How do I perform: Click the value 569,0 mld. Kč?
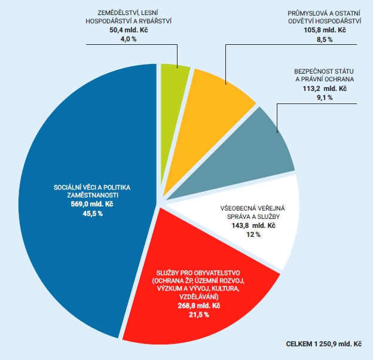pos(92,205)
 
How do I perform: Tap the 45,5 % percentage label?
pos(92,213)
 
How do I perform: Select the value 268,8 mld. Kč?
pos(199,306)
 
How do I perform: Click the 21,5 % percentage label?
pos(199,315)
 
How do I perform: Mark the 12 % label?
pos(254,235)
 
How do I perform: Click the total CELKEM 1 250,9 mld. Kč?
pos(325,345)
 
